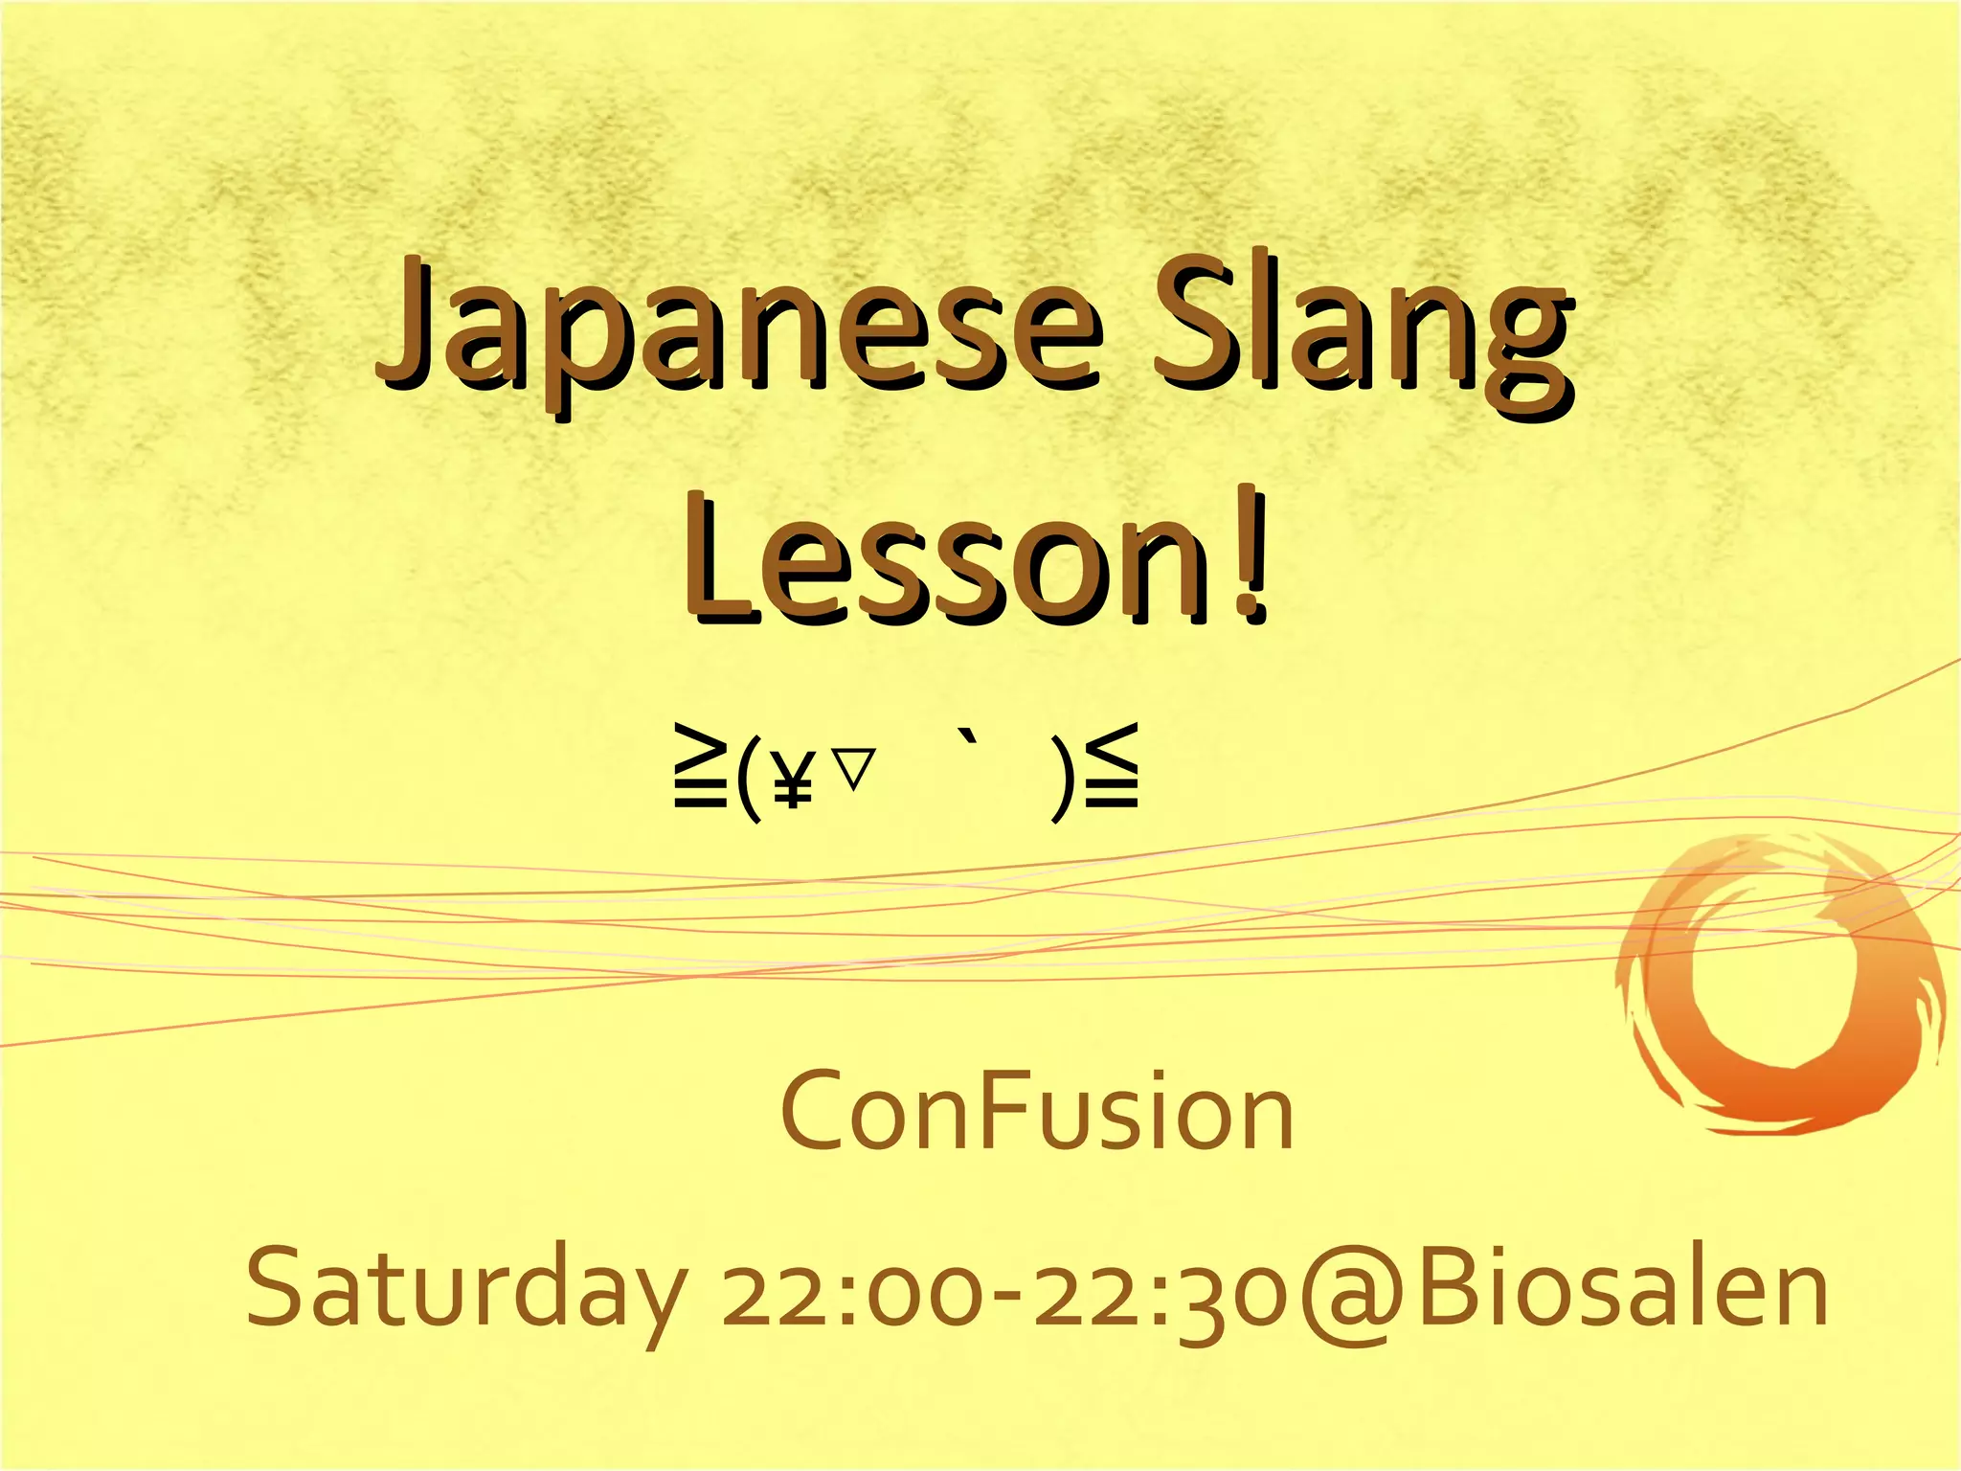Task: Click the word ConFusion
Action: tap(1038, 1113)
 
